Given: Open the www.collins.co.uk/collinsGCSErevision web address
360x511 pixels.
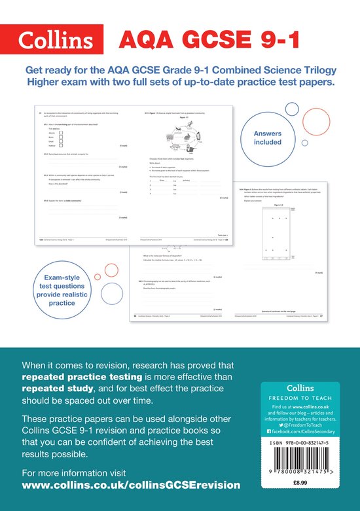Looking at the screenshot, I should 131,485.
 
